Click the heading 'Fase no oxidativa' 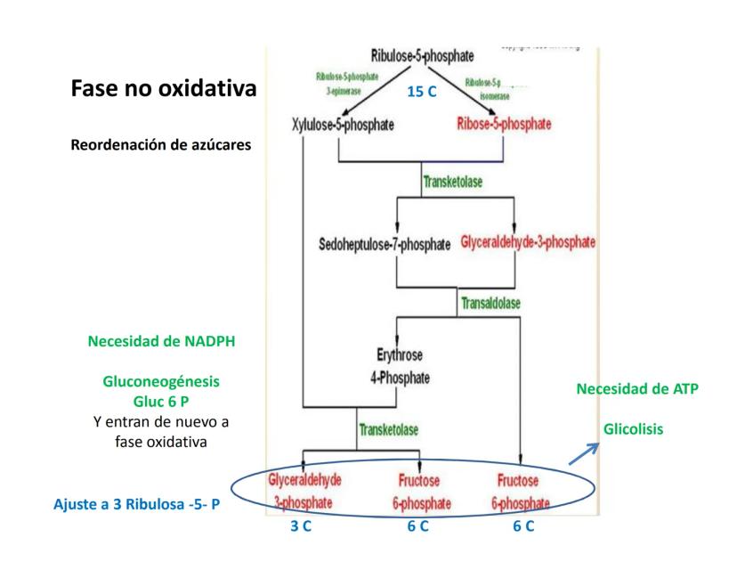(162, 90)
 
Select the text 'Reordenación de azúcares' (160, 143)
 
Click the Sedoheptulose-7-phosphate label (385, 242)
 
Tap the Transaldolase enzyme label (490, 303)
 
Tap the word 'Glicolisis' (633, 428)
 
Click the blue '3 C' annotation (301, 526)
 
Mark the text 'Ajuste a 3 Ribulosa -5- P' (137, 505)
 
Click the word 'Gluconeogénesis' (161, 381)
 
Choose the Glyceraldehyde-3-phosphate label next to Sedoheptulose (529, 241)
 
